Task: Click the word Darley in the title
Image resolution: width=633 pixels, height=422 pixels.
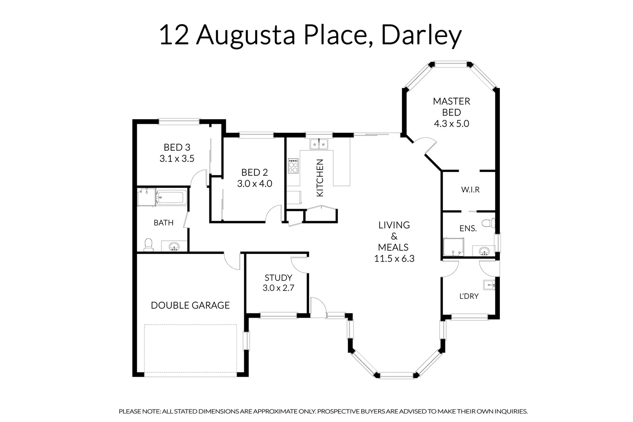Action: [421, 35]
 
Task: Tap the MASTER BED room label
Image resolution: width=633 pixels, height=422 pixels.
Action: [451, 107]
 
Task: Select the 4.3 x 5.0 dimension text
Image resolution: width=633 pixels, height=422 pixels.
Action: [451, 124]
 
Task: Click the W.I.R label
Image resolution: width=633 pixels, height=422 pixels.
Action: [470, 190]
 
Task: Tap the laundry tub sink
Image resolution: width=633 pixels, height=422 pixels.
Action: [489, 285]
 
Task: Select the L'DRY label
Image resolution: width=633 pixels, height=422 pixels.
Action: [469, 296]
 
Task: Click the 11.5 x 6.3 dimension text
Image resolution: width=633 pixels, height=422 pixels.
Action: [394, 259]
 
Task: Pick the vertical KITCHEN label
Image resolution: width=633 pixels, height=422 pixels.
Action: [320, 178]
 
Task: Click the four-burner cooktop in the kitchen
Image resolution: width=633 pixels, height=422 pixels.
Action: [293, 166]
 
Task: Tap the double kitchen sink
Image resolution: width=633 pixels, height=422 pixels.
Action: [319, 144]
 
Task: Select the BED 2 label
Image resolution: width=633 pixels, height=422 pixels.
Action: [254, 172]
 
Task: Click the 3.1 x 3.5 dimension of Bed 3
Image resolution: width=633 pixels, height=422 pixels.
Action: [177, 159]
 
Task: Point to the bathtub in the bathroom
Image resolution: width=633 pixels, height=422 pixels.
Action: [170, 197]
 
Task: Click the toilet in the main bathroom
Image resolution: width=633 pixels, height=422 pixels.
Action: [148, 245]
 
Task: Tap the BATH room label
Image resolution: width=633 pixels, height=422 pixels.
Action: [163, 223]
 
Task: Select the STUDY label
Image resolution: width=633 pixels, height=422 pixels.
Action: [278, 278]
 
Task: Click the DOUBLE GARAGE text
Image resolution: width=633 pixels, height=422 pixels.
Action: [190, 305]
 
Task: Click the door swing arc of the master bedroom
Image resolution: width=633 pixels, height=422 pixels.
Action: [426, 145]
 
